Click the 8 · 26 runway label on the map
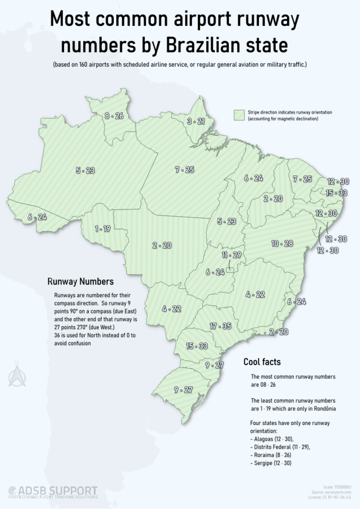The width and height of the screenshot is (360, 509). pyautogui.click(x=114, y=116)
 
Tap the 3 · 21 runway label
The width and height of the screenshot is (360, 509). pyautogui.click(x=195, y=121)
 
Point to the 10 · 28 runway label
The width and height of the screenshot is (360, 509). pyautogui.click(x=282, y=244)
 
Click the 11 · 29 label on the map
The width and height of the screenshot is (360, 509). pyautogui.click(x=232, y=255)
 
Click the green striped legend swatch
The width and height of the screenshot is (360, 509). pyautogui.click(x=240, y=115)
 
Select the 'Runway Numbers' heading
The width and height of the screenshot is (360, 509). pyautogui.click(x=81, y=281)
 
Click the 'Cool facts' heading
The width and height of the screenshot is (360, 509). pyautogui.click(x=262, y=361)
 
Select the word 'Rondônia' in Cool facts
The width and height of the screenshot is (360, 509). pyautogui.click(x=323, y=408)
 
